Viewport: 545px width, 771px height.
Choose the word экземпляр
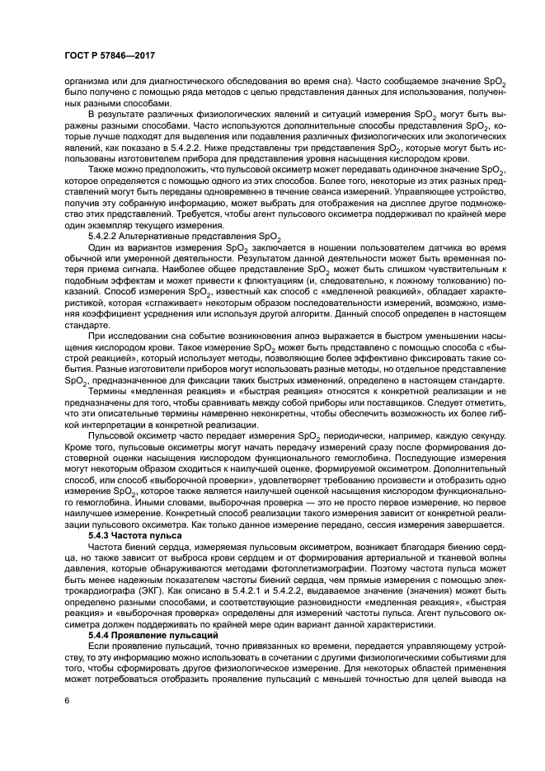[105, 226]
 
